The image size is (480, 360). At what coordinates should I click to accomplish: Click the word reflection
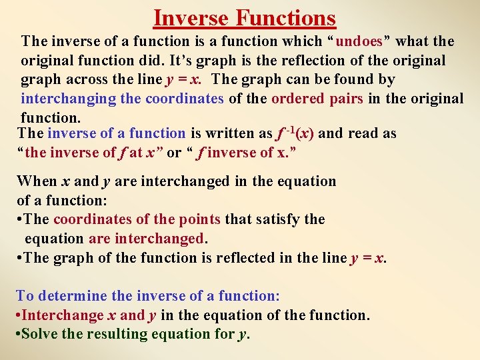[x=300, y=61]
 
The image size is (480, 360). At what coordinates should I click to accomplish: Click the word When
[x=36, y=181]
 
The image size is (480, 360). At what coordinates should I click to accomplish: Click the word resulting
[x=117, y=334]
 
